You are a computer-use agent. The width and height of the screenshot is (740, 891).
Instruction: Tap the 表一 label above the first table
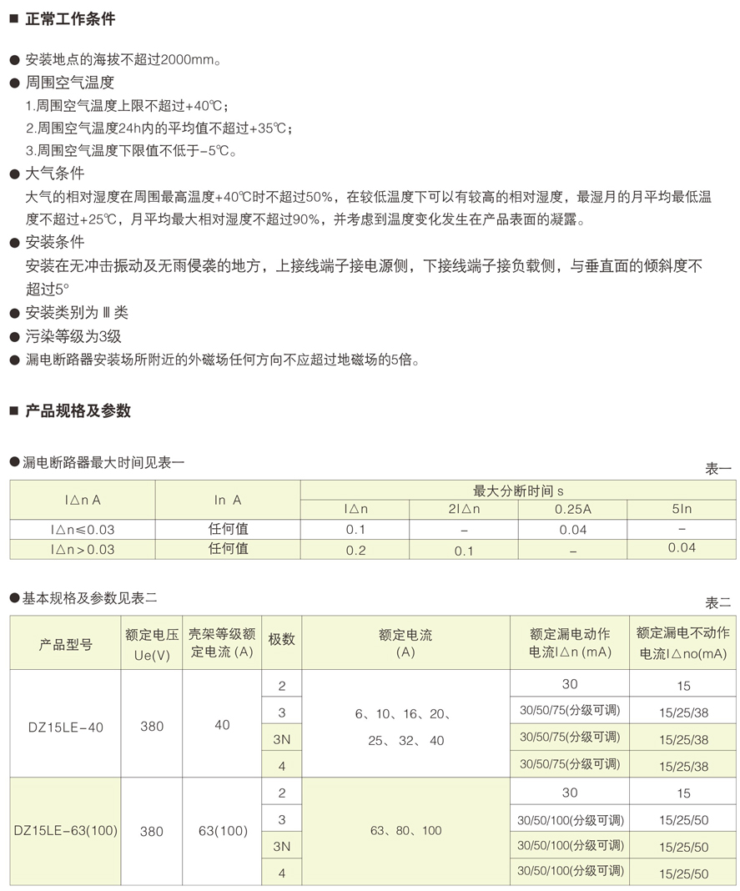pos(718,469)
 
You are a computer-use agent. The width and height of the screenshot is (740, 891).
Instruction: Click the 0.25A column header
pos(572,509)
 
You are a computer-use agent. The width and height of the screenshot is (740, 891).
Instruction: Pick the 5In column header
pos(682,509)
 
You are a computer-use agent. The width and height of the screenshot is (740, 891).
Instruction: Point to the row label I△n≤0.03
pos(83,530)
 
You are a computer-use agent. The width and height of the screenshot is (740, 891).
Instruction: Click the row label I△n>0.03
pos(83,550)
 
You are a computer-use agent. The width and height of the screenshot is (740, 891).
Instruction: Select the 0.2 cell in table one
pos(355,551)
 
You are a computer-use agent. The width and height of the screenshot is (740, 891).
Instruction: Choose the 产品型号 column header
pos(66,644)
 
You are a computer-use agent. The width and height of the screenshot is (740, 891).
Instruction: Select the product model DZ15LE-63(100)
pos(66,831)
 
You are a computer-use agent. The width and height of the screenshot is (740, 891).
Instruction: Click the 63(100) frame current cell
pos(222,831)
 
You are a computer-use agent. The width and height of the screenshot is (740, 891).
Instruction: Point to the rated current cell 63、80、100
pos(405,831)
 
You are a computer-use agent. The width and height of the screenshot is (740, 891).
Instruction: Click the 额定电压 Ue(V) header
pos(152,644)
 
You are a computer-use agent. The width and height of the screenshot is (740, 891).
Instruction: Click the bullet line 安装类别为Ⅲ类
pos(77,313)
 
